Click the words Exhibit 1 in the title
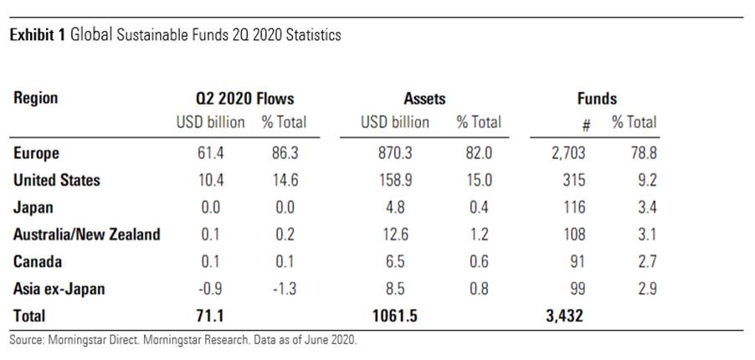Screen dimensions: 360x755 (x=38, y=36)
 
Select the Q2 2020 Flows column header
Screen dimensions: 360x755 (x=239, y=98)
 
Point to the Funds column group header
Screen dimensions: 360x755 (x=597, y=98)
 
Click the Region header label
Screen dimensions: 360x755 (x=36, y=98)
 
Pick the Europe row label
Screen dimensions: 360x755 (x=37, y=153)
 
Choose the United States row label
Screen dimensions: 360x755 (x=57, y=180)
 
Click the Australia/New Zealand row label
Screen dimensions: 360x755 (x=87, y=234)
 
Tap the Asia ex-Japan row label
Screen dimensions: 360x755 (x=58, y=289)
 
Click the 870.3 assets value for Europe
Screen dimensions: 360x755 (x=394, y=153)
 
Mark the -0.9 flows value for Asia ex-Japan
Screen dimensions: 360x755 (x=209, y=289)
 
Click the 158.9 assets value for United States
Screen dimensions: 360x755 (x=394, y=180)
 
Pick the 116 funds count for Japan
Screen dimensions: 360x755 (x=576, y=208)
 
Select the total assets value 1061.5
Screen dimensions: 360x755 (x=389, y=316)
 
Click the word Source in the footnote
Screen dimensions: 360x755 (x=26, y=342)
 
